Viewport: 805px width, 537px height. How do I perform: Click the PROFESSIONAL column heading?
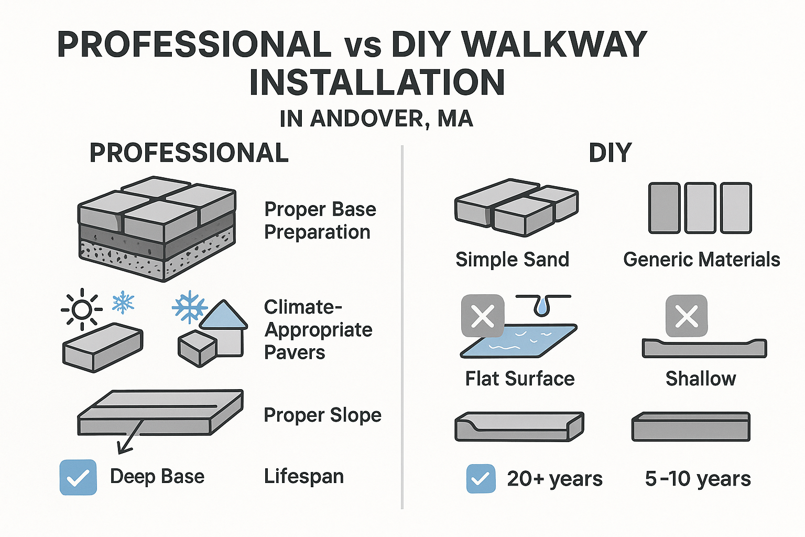[189, 153]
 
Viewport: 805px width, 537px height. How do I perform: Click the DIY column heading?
[610, 153]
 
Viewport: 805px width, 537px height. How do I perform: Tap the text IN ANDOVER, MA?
[376, 119]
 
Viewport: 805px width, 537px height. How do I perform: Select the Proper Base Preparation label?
[320, 220]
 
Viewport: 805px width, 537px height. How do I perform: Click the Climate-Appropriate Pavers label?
[318, 329]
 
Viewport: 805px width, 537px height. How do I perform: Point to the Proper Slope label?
[322, 415]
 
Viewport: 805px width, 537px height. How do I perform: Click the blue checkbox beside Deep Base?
[78, 477]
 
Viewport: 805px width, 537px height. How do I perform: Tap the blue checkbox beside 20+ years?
[481, 478]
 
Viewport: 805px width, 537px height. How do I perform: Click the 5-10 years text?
[698, 479]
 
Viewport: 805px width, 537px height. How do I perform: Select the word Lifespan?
[304, 476]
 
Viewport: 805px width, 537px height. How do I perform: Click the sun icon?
[82, 309]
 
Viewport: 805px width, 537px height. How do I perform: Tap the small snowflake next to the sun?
[124, 302]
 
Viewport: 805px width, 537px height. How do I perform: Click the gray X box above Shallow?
[686, 316]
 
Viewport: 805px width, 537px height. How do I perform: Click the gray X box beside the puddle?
[483, 316]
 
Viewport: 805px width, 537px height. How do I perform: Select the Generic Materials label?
[701, 260]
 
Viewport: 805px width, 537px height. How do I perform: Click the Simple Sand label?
[512, 260]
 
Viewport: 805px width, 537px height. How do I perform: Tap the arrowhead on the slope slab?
[123, 448]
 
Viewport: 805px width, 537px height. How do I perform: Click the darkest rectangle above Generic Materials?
[664, 208]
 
